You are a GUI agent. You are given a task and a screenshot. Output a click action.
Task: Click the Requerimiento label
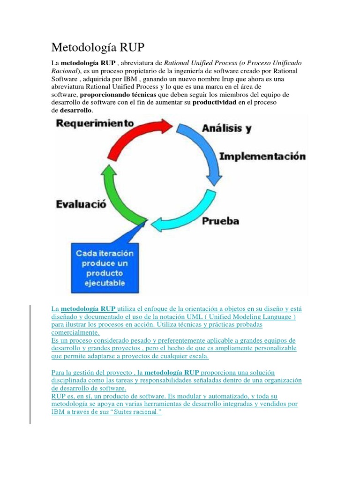[x=96, y=123]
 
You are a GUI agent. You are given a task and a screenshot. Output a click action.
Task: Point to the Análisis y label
[x=226, y=128]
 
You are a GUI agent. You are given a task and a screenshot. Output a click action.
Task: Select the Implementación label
[x=262, y=156]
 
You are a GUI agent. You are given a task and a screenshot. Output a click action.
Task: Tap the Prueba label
[x=220, y=221]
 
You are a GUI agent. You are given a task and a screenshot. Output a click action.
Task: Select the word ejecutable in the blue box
[x=105, y=283]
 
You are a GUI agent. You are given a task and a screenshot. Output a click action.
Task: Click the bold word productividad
[x=215, y=102]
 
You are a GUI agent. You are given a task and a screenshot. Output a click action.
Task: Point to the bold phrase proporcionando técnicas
[x=118, y=94]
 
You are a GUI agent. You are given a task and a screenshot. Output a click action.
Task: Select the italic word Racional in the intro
[x=64, y=70]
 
